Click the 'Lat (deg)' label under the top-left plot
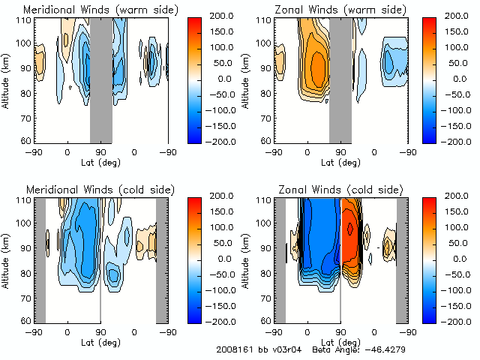100,159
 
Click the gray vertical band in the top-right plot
340,79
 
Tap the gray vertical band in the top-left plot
100,79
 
